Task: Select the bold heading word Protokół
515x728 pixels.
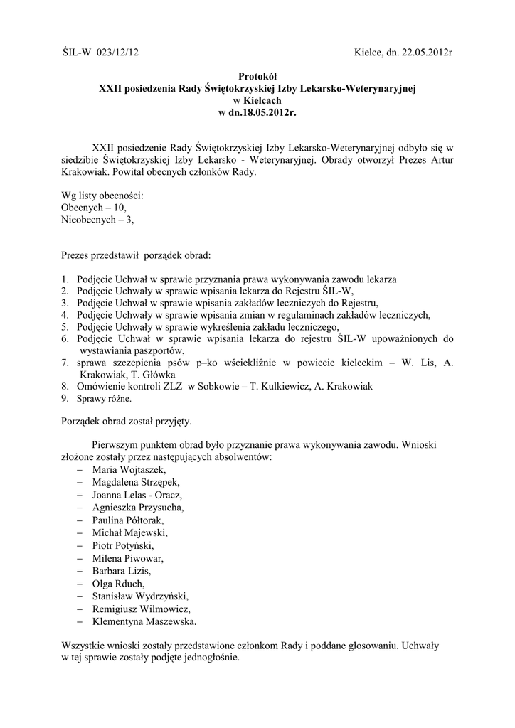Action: point(257,77)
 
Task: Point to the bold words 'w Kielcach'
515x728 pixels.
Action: point(257,101)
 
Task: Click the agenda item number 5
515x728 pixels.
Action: point(65,326)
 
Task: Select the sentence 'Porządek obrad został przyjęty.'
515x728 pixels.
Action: point(127,422)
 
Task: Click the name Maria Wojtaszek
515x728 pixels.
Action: point(129,470)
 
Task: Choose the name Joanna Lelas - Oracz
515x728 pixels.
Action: point(137,495)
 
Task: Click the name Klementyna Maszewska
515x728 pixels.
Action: point(144,621)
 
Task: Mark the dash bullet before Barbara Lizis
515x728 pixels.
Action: point(78,571)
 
